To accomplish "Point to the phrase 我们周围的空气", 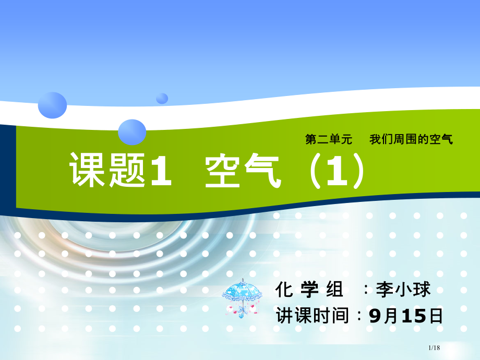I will pos(411,139).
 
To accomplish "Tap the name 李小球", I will pos(403,289).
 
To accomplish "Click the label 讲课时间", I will pos(312,315).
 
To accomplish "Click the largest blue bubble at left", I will pos(52,104).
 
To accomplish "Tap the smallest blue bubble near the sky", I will pos(162,98).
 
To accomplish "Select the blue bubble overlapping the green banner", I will pos(132,131).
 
